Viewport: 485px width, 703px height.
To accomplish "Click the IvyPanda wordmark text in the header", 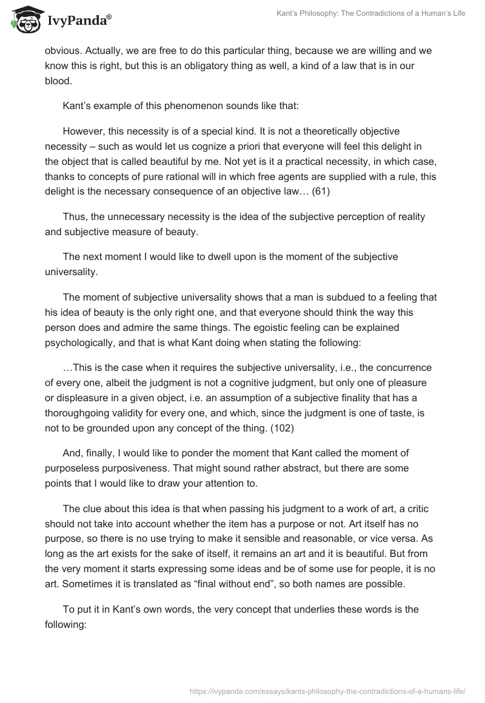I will click(79, 21).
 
